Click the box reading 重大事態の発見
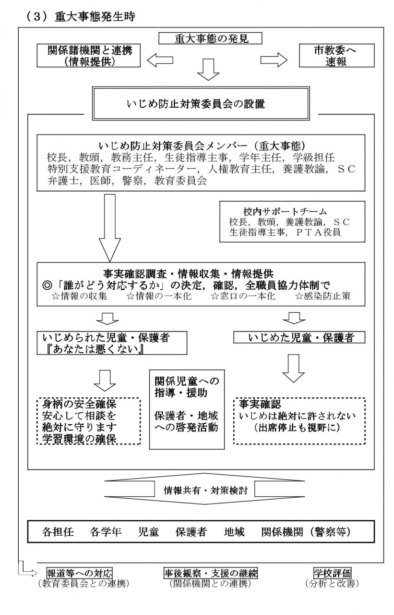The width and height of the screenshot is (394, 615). pos(210,38)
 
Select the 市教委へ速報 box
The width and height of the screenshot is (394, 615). pos(336,56)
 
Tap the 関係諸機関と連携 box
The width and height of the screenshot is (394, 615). pos(89,56)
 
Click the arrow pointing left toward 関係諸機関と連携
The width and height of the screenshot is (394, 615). pos(160,60)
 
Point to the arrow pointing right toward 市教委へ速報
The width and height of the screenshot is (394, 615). pos(274,60)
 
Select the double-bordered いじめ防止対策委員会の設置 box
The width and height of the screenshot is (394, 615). pos(201,103)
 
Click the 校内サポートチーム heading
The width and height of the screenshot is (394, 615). pos(285,211)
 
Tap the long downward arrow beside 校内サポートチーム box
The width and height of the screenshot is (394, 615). pos(110,228)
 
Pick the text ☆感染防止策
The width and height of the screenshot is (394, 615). pos(322,296)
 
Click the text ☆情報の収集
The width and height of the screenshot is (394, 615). pos(79,296)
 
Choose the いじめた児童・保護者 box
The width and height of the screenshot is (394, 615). pos(299,337)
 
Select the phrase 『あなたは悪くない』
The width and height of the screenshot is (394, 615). pos(96,349)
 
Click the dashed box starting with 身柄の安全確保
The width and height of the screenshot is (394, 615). pos(89,421)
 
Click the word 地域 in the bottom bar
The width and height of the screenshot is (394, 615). pos(234,532)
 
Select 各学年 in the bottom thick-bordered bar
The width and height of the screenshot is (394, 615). pos(106,532)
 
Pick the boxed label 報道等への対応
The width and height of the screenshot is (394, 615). pos(80,573)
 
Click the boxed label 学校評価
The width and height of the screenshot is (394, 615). pos(332,573)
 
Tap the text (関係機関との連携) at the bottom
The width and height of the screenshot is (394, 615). pos(210,583)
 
